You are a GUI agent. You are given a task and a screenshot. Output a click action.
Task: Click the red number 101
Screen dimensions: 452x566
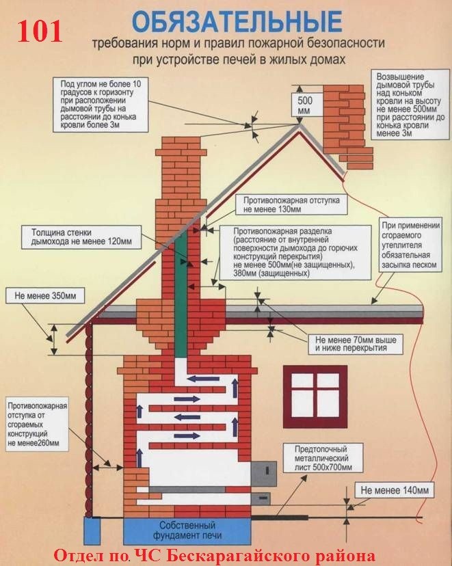tap(40, 31)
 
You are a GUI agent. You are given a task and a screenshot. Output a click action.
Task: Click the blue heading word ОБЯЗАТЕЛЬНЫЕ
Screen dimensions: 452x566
tap(237, 22)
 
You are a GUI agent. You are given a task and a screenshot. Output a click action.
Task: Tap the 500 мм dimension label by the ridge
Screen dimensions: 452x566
tap(305, 105)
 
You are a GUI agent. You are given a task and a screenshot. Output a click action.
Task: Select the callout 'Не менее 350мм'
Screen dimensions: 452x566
tap(46, 296)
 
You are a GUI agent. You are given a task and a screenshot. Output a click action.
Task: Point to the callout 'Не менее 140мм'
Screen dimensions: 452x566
tap(395, 490)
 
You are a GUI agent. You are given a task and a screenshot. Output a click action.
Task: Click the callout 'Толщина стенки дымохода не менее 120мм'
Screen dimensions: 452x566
tap(81, 237)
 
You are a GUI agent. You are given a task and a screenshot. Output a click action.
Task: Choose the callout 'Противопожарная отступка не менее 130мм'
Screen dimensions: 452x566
tap(291, 204)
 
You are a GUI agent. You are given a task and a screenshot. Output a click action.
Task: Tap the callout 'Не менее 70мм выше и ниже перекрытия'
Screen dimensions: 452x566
tap(356, 344)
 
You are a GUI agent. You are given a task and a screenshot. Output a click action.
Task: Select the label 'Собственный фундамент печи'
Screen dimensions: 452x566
tap(187, 530)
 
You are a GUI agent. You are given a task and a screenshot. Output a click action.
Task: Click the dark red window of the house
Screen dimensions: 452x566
tap(315, 396)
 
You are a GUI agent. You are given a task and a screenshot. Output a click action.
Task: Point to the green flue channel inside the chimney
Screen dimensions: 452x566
tap(181, 294)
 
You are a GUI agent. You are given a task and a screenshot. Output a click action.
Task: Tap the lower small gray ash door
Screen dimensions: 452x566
tap(260, 498)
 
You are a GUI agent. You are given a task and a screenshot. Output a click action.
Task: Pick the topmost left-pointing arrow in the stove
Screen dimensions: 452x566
tap(203, 379)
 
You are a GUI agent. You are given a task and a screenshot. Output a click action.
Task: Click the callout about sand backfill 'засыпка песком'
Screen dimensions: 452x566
tap(411, 245)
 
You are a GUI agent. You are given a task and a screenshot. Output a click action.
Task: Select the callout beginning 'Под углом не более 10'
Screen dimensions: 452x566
tap(101, 105)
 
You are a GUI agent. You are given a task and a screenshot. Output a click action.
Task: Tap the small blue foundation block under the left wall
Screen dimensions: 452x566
tap(92, 530)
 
